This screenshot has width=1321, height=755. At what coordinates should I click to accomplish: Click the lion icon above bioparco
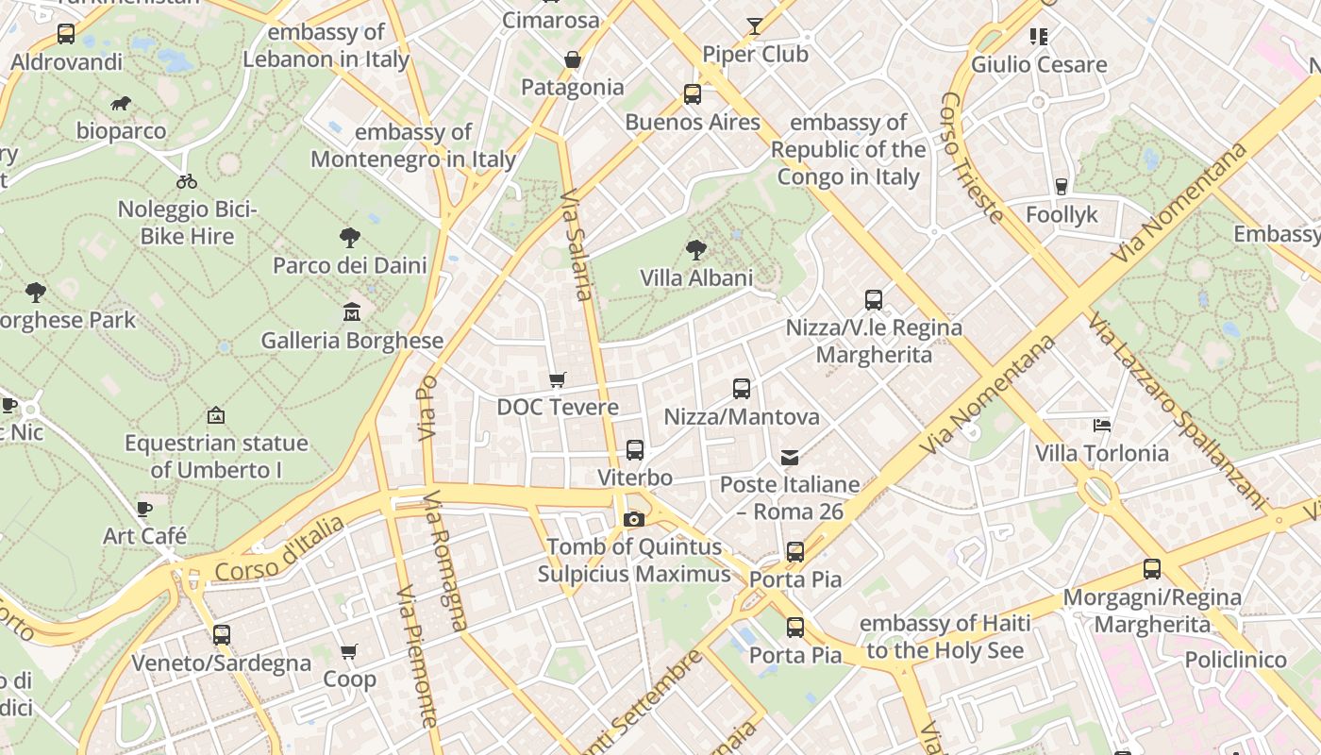(120, 104)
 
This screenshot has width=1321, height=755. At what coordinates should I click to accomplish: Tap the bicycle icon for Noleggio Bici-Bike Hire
(187, 181)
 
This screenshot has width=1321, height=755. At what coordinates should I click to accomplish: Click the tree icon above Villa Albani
(696, 250)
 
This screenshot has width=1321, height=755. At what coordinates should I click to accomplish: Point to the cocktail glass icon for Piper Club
(755, 26)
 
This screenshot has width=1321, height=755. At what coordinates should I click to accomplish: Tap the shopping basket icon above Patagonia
(572, 60)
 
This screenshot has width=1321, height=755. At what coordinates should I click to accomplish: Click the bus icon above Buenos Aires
(693, 94)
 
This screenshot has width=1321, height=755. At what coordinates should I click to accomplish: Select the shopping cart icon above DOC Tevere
(558, 379)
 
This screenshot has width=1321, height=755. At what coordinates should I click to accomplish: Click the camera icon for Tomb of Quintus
(634, 519)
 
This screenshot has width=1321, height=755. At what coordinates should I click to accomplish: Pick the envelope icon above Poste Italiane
(790, 458)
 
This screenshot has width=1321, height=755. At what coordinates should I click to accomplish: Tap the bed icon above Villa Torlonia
(1101, 426)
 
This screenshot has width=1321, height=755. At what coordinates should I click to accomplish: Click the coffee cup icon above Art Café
(144, 510)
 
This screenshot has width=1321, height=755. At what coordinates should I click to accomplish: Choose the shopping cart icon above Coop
(349, 651)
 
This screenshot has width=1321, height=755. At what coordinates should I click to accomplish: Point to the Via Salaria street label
(577, 244)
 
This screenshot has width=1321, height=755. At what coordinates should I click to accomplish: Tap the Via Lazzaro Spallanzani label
(1176, 410)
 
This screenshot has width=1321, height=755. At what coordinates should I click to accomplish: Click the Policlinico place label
(1235, 659)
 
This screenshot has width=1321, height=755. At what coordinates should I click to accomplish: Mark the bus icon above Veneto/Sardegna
(222, 635)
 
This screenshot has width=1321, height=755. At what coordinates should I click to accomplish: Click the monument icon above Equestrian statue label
(216, 415)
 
